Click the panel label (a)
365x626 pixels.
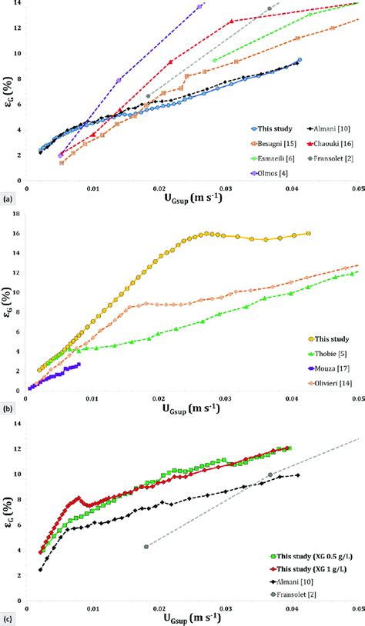coord(8,198)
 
